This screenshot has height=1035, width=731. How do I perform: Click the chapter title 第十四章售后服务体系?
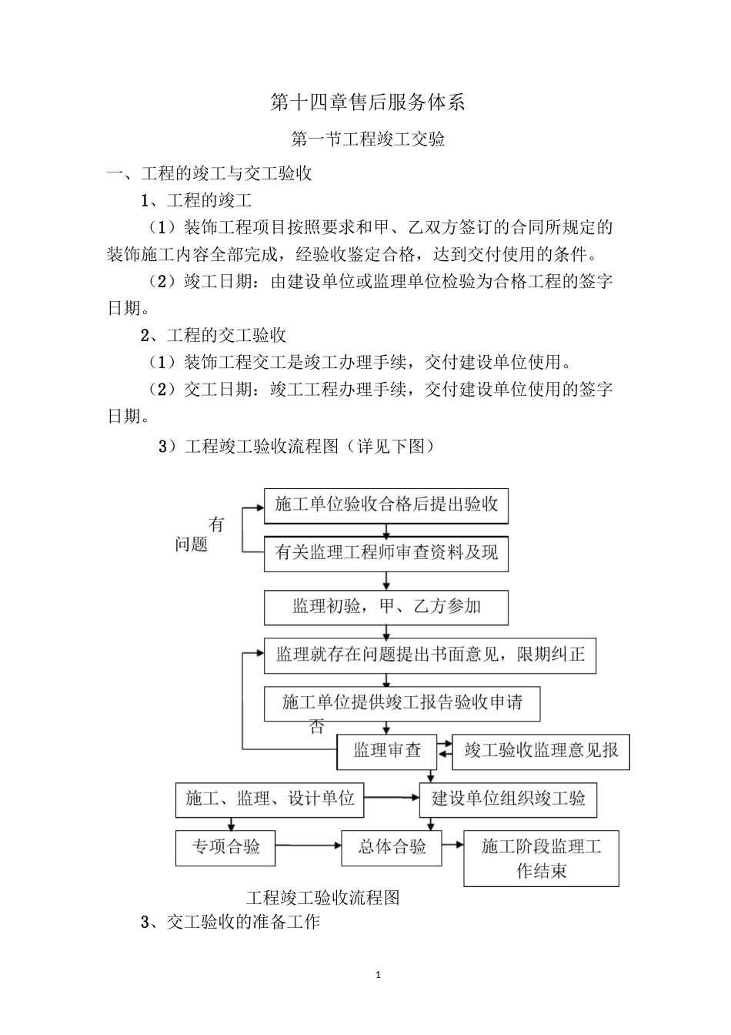368,102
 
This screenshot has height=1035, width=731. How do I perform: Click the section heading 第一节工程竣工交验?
368,139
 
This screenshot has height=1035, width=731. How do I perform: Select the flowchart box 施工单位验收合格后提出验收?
386,504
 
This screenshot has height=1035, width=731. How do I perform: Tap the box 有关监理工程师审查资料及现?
386,553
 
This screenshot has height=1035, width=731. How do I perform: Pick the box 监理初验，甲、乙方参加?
386,607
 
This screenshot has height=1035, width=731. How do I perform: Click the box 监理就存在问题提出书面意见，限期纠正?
430,656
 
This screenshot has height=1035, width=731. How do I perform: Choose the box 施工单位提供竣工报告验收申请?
402,703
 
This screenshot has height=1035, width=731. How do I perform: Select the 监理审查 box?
387,751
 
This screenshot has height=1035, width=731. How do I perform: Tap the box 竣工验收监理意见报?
541,751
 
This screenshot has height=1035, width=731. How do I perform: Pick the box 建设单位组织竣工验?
508,799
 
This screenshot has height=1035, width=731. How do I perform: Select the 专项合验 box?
225,847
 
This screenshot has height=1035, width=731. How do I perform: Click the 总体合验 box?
392,847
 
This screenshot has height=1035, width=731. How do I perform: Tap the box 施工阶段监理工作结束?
541,859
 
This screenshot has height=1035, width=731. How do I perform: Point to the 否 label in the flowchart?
316,727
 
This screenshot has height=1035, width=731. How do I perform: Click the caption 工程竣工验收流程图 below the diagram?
322,898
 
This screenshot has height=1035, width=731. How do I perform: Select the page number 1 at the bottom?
378,975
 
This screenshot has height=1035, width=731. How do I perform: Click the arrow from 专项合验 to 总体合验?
308,846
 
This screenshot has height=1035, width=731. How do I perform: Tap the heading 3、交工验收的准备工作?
230,922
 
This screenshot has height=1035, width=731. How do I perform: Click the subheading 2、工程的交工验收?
213,335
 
